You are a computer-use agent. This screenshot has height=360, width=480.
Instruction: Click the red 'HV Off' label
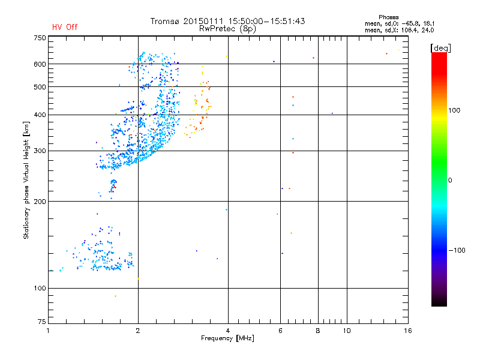pyautogui.click(x=65, y=27)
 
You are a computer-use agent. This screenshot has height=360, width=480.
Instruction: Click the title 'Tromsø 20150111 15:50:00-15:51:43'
pyautogui.click(x=227, y=21)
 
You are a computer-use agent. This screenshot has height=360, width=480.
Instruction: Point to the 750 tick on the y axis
pyautogui.click(x=39, y=38)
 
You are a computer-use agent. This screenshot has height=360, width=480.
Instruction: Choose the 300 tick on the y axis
pyautogui.click(x=39, y=151)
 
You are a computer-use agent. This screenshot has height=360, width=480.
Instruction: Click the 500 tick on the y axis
pyautogui.click(x=39, y=87)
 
